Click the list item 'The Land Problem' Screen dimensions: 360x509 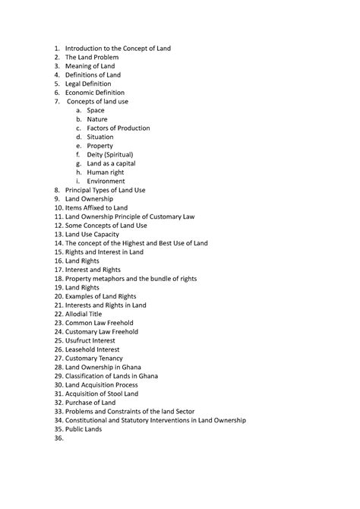(90, 57)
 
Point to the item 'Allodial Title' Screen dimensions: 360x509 (87, 314)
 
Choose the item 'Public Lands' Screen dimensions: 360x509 (84, 429)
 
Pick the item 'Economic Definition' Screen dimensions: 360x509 (99, 93)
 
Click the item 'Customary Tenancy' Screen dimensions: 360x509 (94, 358)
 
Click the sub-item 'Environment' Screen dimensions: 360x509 (106, 181)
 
